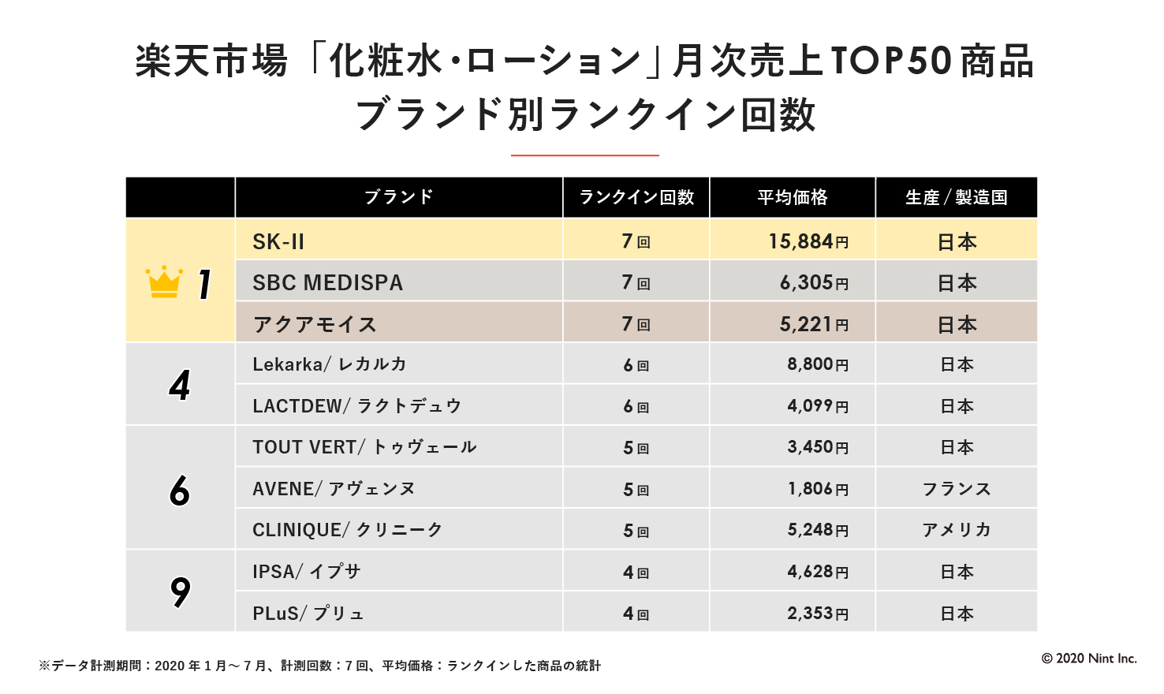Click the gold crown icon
click(164, 282)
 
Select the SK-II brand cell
click(278, 241)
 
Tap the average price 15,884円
click(808, 241)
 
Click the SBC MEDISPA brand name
click(327, 283)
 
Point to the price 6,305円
click(814, 283)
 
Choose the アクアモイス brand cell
click(315, 324)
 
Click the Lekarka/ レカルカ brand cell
click(329, 364)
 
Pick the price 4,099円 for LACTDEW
click(818, 406)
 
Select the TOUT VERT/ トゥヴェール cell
click(364, 447)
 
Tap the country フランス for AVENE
click(957, 489)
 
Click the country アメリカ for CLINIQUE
click(957, 530)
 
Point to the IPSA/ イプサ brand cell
click(306, 572)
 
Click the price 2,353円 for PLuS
click(818, 614)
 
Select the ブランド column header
click(398, 197)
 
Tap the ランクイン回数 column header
click(636, 197)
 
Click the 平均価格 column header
click(793, 197)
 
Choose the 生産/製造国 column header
click(957, 197)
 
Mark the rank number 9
click(181, 591)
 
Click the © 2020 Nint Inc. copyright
click(1089, 659)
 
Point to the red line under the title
click(584, 155)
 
